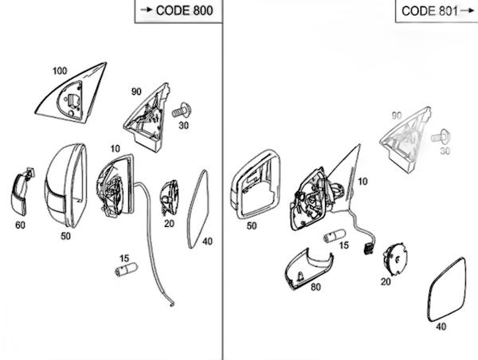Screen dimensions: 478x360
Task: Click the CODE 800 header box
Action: coord(178,11)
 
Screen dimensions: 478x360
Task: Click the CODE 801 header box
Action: coord(437,11)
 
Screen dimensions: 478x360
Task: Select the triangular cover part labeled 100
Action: coord(72,92)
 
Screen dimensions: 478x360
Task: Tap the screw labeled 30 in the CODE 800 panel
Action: coord(182,111)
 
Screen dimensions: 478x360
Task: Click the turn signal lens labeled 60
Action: coord(22,191)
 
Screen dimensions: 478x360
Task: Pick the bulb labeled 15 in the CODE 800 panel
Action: coord(126,269)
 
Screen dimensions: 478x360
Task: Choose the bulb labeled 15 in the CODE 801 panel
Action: coord(334,236)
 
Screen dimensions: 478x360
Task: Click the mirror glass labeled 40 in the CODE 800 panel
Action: coord(198,209)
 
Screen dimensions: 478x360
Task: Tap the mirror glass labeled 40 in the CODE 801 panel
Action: coord(447,290)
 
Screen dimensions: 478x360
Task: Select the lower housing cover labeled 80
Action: coord(308,269)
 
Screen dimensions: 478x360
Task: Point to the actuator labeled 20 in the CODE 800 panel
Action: coord(169,198)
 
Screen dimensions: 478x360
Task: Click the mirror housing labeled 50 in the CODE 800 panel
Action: coord(66,186)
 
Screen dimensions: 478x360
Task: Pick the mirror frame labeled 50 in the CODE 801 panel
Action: coord(255,185)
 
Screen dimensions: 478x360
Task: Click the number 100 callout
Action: coord(60,71)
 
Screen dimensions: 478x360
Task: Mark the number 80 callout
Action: coord(315,287)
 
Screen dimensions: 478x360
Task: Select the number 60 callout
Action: coord(20,225)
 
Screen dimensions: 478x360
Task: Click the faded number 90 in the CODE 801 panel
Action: coord(397,115)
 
